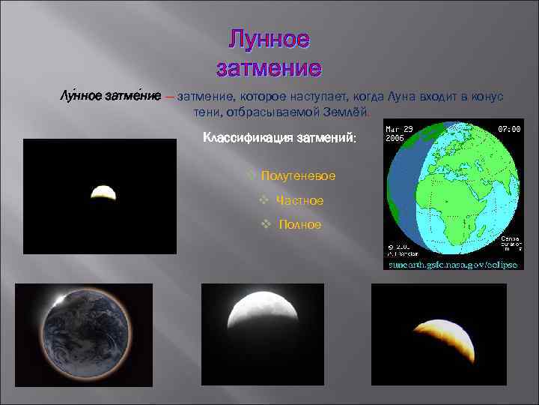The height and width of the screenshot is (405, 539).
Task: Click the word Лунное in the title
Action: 269,39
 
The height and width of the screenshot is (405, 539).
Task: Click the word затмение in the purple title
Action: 269,67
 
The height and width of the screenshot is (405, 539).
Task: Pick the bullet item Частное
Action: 299,200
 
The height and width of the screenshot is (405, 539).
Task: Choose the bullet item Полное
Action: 299,224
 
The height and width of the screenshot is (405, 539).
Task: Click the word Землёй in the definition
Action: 344,112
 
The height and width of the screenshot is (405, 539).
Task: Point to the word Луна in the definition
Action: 407,97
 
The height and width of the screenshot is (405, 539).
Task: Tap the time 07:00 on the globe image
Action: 509,129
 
